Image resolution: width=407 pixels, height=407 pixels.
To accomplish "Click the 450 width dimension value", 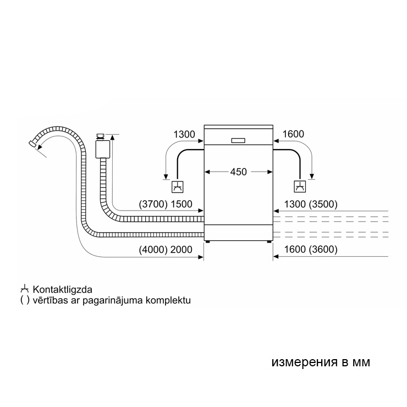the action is tap(238, 172).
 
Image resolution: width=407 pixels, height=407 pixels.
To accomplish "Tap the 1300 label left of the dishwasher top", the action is tap(184, 134).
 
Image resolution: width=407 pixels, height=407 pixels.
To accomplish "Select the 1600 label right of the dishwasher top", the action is tap(293, 134).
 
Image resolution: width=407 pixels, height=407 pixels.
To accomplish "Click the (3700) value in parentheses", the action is tap(153, 204).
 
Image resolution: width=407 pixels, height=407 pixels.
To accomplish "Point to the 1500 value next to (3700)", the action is tap(182, 204).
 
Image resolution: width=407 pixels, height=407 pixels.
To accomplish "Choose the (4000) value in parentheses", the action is tap(153, 250).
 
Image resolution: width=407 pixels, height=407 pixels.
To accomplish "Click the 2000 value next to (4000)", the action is tap(182, 250).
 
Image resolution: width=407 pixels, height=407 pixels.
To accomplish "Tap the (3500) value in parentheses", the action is tap(323, 204).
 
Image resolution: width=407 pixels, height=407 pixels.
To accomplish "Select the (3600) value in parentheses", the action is tap(323, 250).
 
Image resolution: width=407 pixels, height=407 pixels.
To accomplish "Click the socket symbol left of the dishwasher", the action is tap(178, 186).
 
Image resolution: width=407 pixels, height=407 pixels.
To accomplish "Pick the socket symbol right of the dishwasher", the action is tap(300, 186).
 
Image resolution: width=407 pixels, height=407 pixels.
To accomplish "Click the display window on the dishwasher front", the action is tap(238, 140).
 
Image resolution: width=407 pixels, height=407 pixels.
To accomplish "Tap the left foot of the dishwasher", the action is tap(208, 241).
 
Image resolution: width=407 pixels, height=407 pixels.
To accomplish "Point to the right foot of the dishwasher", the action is tap(269, 241).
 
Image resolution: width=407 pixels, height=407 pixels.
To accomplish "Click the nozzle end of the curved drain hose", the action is tap(32, 144).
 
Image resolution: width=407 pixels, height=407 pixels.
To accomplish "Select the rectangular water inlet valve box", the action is tap(101, 148).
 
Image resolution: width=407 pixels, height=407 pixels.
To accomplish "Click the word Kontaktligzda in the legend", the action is tap(62, 289).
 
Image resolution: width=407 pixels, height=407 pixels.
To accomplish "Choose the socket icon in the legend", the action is tap(24, 289).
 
